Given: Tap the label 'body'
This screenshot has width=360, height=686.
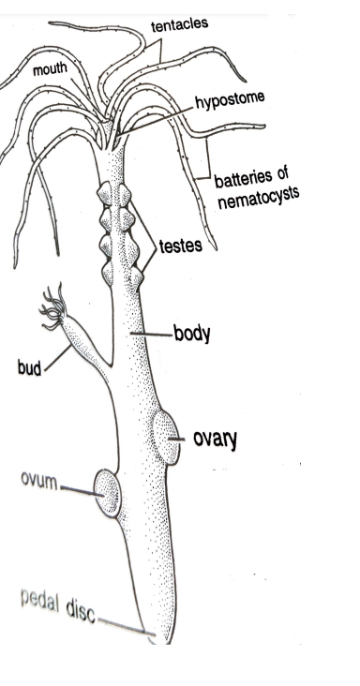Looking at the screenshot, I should [x=191, y=332].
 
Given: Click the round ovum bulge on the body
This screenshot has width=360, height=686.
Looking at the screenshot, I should [x=108, y=492].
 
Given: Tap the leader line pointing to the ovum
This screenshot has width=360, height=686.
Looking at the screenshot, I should [x=78, y=488].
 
